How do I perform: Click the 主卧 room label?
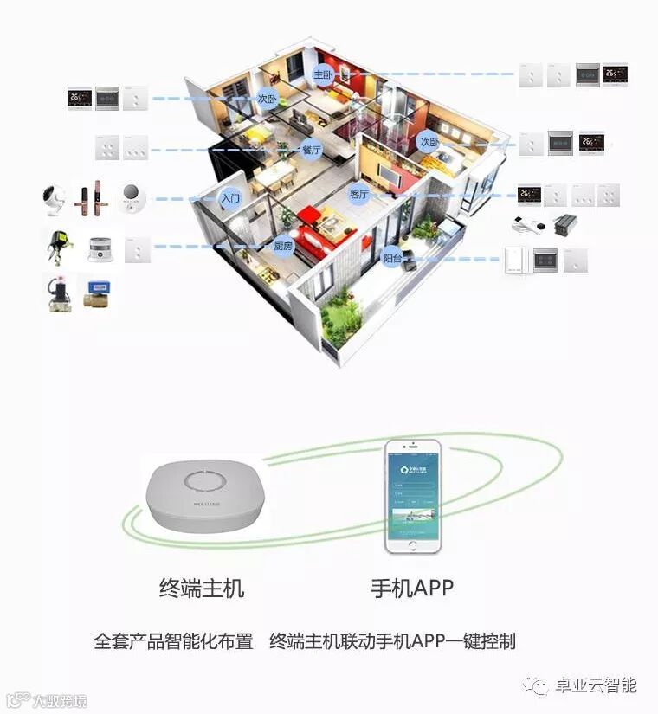tap(322, 74)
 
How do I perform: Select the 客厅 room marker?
tap(358, 194)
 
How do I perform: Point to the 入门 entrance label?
tap(229, 198)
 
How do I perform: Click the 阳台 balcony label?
tap(393, 256)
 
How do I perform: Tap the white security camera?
tap(55, 200)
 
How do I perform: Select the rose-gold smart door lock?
tap(92, 200)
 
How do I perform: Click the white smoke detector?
tap(100, 250)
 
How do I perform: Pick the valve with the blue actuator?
tap(98, 291)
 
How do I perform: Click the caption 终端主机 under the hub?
tap(202, 589)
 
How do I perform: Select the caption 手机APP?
tap(412, 589)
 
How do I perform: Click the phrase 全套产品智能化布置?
tap(173, 641)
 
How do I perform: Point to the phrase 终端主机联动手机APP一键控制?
tap(392, 641)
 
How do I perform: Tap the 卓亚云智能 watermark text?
tap(597, 685)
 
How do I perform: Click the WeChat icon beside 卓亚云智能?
tap(540, 686)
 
